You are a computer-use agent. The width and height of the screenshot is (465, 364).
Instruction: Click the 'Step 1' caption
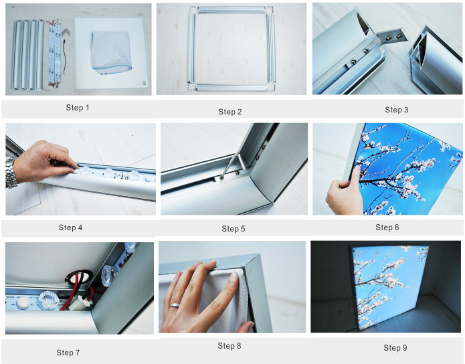click(x=78, y=108)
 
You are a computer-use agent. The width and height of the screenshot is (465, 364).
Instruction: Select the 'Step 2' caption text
click(x=230, y=111)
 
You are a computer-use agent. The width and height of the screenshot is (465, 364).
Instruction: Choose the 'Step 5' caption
click(x=234, y=229)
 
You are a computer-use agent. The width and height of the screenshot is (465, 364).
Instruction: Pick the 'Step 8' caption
click(x=229, y=346)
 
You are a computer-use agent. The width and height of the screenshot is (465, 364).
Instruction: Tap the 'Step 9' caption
click(x=395, y=347)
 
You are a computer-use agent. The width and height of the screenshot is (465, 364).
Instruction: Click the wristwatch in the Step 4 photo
click(x=11, y=173)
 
